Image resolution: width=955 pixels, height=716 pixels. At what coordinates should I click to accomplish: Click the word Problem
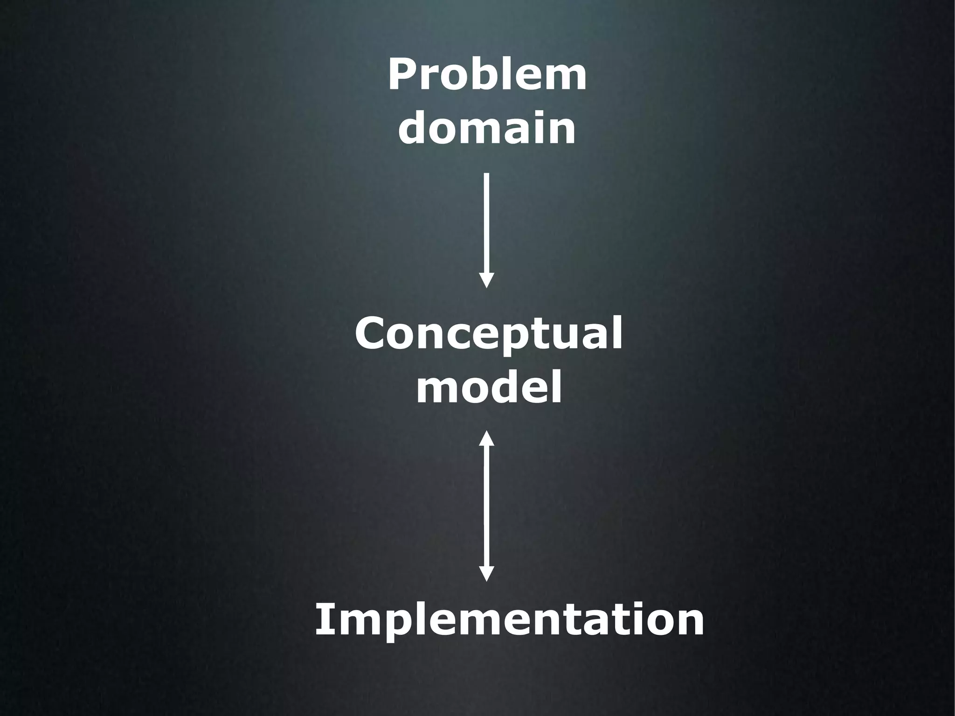click(x=487, y=75)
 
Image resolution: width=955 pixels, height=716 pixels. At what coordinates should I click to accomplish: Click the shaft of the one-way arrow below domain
click(x=486, y=224)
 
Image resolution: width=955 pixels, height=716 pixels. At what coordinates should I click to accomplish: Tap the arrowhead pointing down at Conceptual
click(x=486, y=281)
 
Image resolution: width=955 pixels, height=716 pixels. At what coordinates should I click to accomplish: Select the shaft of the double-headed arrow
click(x=486, y=506)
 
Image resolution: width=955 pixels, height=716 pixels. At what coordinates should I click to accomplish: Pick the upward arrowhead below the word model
click(x=486, y=438)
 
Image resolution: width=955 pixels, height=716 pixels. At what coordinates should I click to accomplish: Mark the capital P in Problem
click(x=401, y=75)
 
